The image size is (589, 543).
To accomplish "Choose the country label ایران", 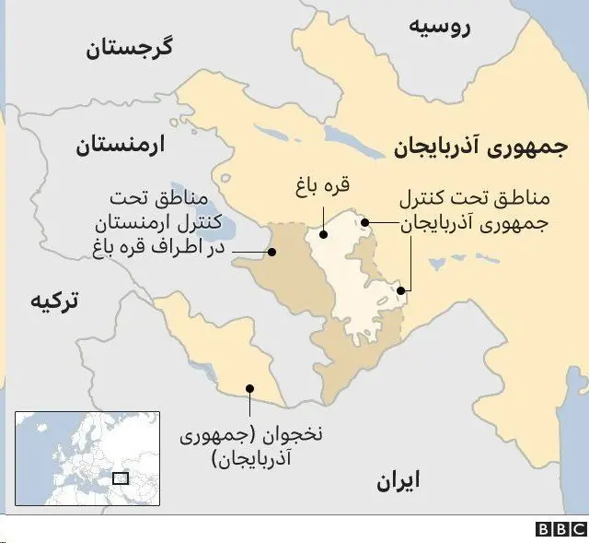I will tap(398, 480).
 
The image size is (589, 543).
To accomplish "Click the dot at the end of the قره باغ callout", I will tap(323, 234).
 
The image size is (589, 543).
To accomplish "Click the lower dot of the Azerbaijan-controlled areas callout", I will tap(401, 292).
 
